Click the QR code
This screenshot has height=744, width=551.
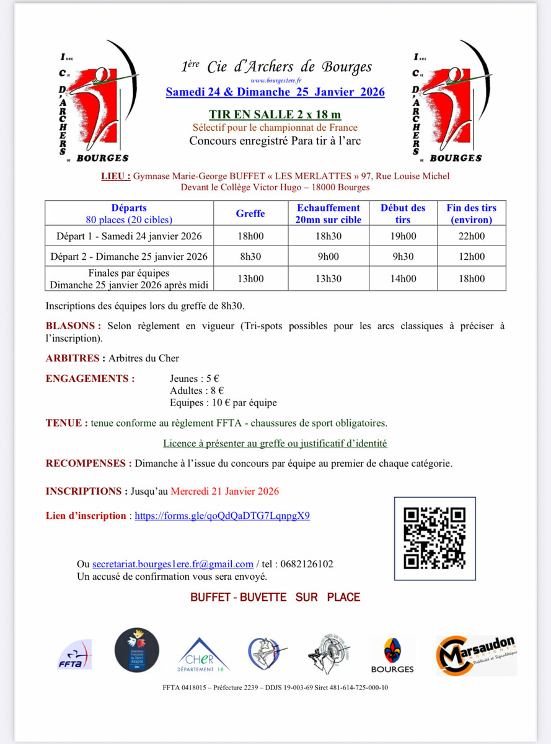(x=434, y=538)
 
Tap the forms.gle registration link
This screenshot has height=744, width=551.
(x=222, y=516)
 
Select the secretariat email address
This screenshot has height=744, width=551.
(x=173, y=564)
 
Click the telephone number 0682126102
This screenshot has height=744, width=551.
(x=306, y=564)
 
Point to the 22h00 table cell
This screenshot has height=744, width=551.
(x=472, y=236)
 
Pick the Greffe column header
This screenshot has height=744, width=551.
(x=250, y=213)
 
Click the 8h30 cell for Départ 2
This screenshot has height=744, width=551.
(x=250, y=257)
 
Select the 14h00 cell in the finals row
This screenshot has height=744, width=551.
(x=403, y=279)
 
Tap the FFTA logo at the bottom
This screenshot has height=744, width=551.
(x=74, y=655)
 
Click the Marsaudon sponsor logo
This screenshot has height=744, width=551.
(x=476, y=655)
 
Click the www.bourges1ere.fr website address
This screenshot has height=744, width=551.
(x=276, y=81)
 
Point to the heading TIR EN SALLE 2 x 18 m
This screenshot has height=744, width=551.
(x=275, y=115)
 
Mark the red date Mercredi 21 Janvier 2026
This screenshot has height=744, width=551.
(x=224, y=492)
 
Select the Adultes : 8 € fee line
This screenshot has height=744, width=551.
(x=196, y=391)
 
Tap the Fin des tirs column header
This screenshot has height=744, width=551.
(x=472, y=213)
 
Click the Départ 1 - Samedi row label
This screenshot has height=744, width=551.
(x=129, y=236)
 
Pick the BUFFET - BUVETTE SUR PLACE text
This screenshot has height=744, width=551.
(x=275, y=597)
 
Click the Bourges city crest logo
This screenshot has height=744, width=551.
(x=392, y=655)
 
